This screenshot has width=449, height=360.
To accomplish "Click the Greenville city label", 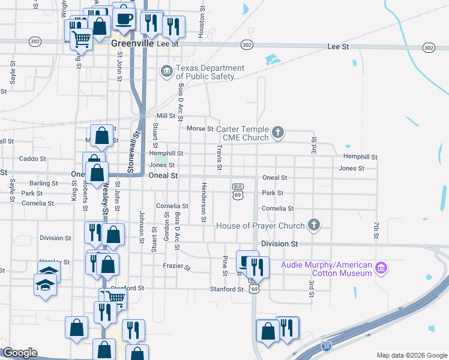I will coord(131,44).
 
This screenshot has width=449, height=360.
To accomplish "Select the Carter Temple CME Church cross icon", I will coord(277,131).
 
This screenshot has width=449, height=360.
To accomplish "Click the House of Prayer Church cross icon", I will coord(313,225).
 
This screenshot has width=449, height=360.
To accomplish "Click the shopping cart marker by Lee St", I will coord(82,39).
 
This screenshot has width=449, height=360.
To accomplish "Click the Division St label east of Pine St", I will coord(280,244).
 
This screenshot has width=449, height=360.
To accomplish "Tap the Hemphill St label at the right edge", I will coord(360,157).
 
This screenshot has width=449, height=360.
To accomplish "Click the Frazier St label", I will coord(176,266).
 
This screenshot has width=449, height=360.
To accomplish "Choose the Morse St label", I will coord(200,128).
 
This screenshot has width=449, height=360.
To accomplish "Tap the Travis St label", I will coord(220,155).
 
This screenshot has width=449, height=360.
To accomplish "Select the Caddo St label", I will coord(32,159).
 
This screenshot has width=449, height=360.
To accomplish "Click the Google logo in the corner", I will coord(20,353).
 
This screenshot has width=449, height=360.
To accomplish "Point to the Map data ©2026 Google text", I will coord(411,355).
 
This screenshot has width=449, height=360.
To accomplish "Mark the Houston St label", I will coord(202,23).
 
